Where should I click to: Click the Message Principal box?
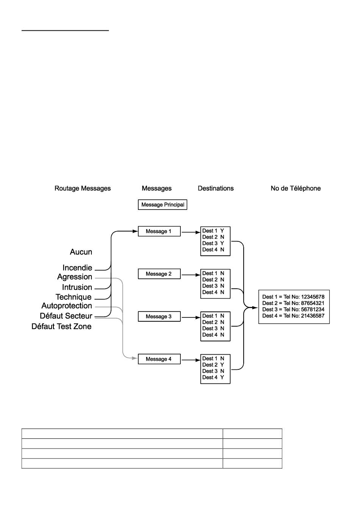pyautogui.click(x=162, y=205)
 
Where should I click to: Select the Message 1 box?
pyautogui.click(x=159, y=231)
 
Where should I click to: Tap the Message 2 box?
pyautogui.click(x=159, y=274)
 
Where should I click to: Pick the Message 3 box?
pyautogui.click(x=159, y=316)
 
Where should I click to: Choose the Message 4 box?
pyautogui.click(x=159, y=359)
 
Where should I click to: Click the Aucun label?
pyautogui.click(x=81, y=252)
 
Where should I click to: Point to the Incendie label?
pyautogui.click(x=77, y=267)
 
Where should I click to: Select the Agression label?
pyautogui.click(x=75, y=277)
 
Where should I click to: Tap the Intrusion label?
pyautogui.click(x=77, y=287)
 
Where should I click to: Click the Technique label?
pyautogui.click(x=74, y=297)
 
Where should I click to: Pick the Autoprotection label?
pyautogui.click(x=67, y=306)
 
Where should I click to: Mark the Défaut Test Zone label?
pyautogui.click(x=61, y=326)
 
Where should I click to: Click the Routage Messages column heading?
pyautogui.click(x=83, y=188)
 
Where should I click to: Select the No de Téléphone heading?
pyautogui.click(x=296, y=188)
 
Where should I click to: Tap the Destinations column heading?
pyautogui.click(x=216, y=188)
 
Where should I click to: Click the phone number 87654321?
pyautogui.click(x=313, y=303)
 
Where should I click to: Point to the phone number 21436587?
pyautogui.click(x=313, y=316)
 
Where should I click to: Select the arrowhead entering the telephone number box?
pyautogui.click(x=255, y=308)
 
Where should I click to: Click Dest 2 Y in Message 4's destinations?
pyautogui.click(x=213, y=365)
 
